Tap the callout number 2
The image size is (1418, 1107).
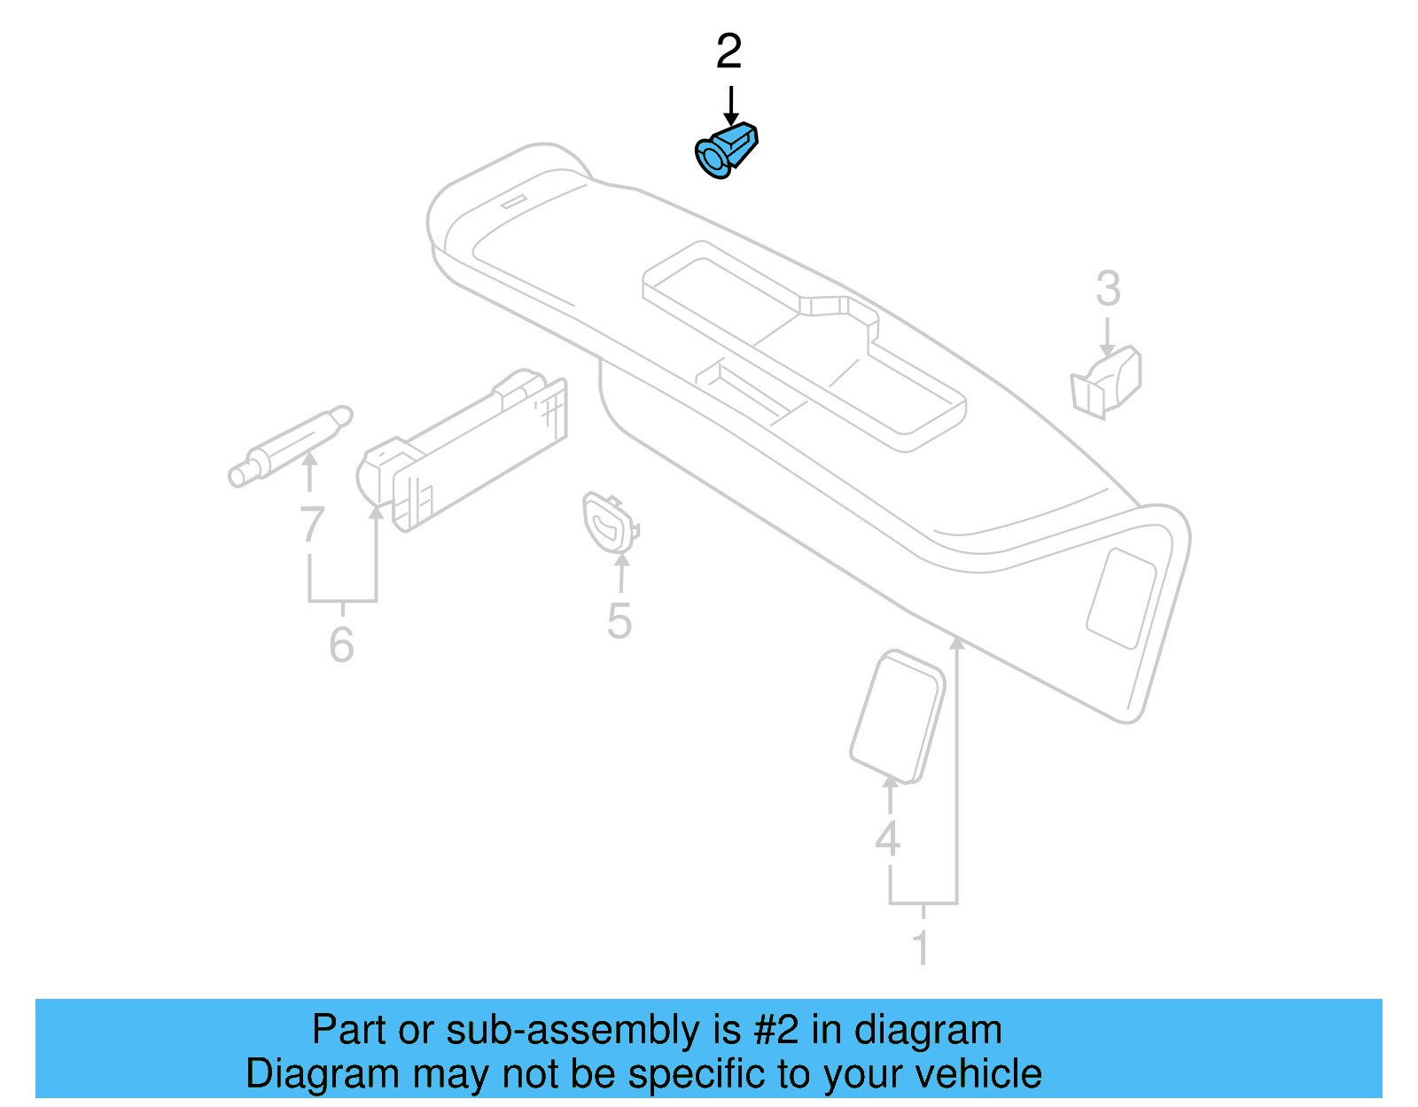(728, 52)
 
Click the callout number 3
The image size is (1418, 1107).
(1108, 289)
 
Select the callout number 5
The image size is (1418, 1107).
(619, 621)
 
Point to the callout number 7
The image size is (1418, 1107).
(311, 525)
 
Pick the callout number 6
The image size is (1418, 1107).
(341, 644)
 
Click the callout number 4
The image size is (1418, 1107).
(887, 838)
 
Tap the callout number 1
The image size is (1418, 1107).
(922, 947)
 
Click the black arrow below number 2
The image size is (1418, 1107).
(730, 105)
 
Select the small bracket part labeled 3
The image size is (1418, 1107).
(1107, 380)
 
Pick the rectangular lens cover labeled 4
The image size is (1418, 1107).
(897, 716)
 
